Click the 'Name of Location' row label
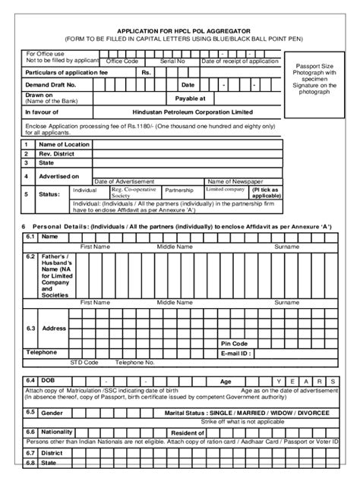tap(64, 144)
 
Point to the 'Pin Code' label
tap(235, 343)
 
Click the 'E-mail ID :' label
tap(236, 353)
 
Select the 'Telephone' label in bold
tap(42, 353)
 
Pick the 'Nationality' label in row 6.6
tap(57, 431)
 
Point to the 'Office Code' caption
tap(122, 61)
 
